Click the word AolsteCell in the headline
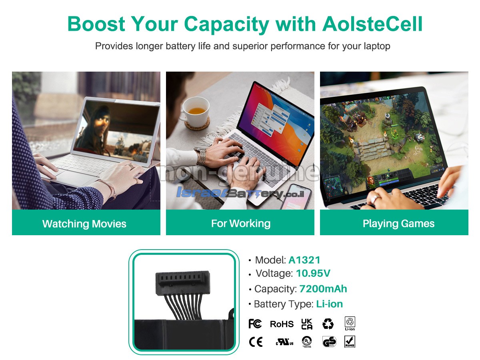pos(372,24)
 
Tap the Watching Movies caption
pos(84,224)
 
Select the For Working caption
pos(241,224)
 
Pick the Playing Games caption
pos(398,224)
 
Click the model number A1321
pos(304,260)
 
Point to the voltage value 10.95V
pos(313,273)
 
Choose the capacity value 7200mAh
pos(323,289)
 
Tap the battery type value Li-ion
pos(329,304)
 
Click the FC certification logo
pos(255,324)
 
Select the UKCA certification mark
pos(307,324)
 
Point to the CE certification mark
pos(256,342)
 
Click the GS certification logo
pos(329,342)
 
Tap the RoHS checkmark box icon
pos(350,342)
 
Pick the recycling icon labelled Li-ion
pos(350,324)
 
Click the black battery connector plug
pos(183,282)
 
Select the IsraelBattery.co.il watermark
pos(240,193)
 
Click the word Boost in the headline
pos(96,24)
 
